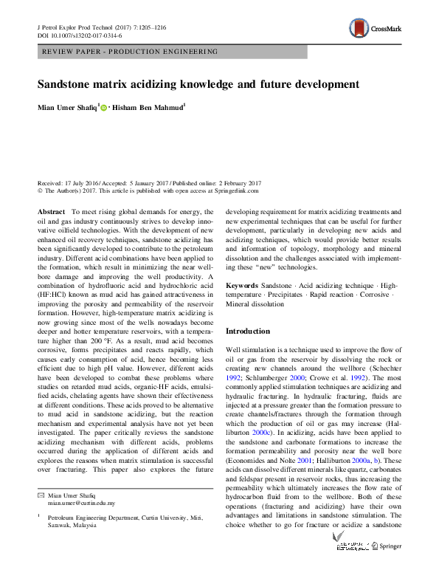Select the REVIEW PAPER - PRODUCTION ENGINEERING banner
coord(130,52)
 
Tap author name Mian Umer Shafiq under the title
coord(67,108)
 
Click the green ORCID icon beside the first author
coord(103,108)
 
